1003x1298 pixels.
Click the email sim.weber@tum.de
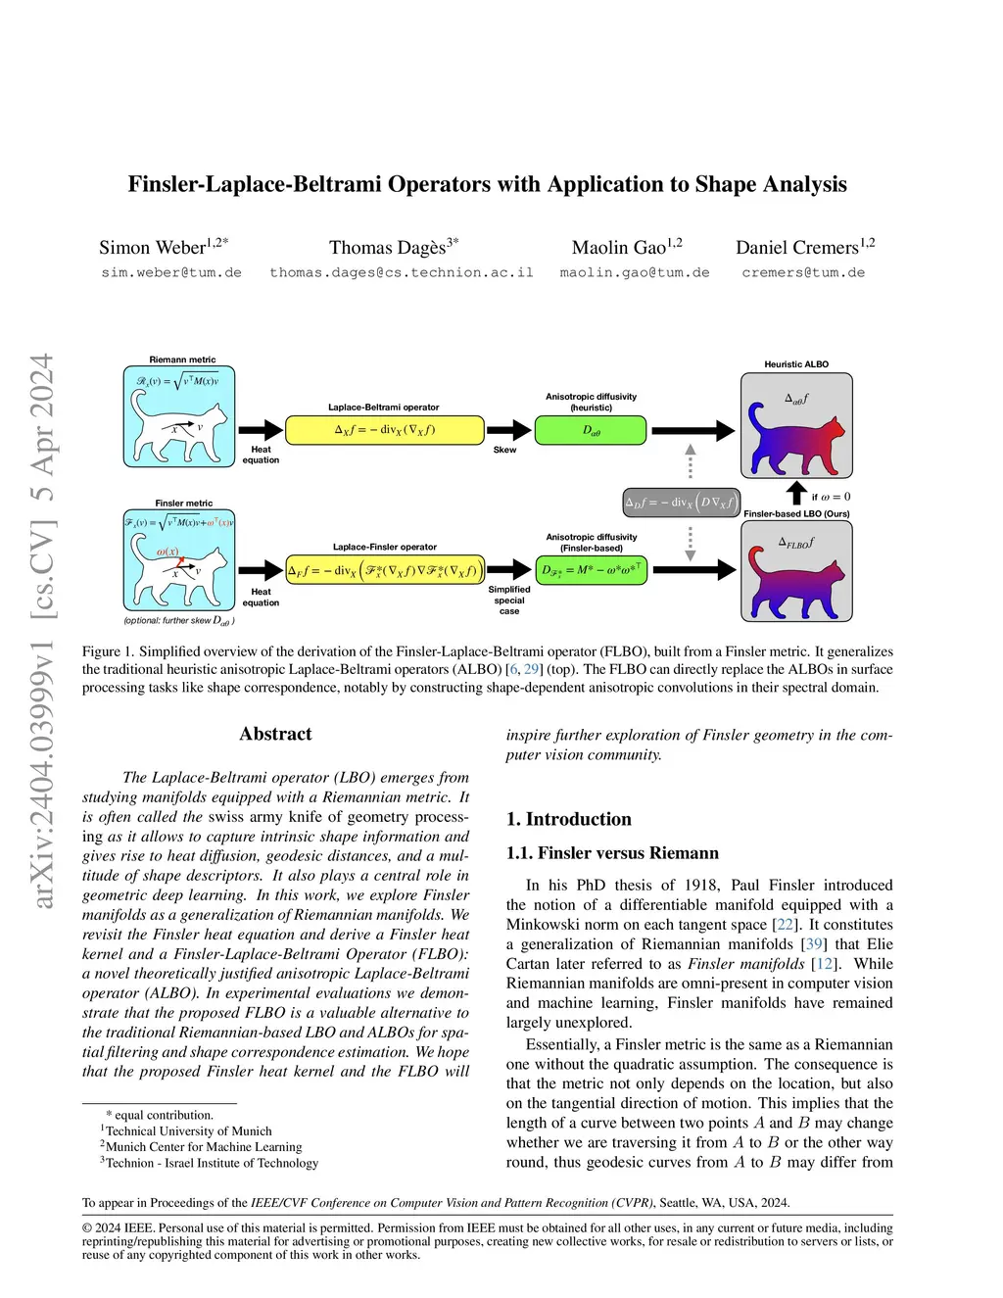[x=171, y=272]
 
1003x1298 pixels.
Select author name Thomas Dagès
[x=388, y=248]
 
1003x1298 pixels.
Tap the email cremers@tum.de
[x=803, y=272]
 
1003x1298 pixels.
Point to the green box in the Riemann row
[x=591, y=430]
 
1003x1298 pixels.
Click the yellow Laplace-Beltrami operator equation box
[x=385, y=430]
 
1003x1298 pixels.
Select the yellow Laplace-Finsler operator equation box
[x=385, y=570]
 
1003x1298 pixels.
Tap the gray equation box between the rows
[x=682, y=503]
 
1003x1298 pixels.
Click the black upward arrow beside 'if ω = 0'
[x=796, y=493]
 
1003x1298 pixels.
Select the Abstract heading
[x=275, y=734]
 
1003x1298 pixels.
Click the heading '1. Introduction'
[x=568, y=819]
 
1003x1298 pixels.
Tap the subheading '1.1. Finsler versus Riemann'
[x=612, y=853]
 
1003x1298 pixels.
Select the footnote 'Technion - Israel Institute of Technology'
[x=212, y=1163]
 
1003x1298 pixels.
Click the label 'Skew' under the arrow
[x=504, y=450]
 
